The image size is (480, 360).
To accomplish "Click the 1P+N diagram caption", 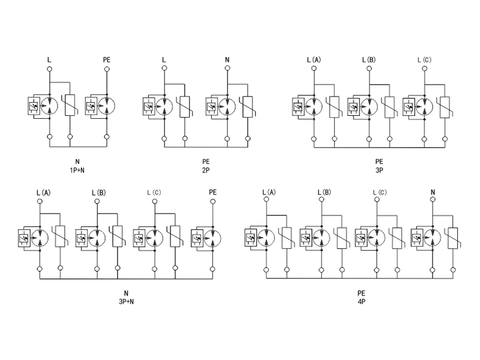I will (77, 170).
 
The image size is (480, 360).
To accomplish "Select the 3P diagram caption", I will (379, 170).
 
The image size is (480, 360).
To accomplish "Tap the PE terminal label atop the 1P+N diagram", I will (107, 60).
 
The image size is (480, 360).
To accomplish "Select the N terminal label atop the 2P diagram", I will (227, 60).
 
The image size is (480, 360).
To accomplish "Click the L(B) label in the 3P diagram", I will (368, 60).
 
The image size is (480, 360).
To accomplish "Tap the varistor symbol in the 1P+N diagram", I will (70, 106).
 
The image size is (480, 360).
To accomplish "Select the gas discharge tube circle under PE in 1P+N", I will (107, 106).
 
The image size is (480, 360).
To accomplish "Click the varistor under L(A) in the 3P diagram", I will (334, 106).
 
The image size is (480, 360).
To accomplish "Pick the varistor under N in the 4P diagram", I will (454, 238).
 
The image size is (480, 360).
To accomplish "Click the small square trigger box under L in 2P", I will (148, 106).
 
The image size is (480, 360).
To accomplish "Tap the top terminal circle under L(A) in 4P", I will (265, 203).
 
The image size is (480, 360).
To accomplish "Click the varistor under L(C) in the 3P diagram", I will (445, 106).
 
